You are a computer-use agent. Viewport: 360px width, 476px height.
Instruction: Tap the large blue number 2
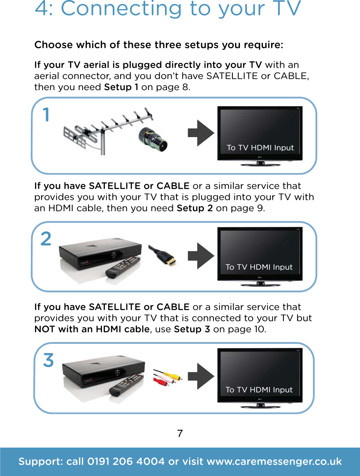point(46,238)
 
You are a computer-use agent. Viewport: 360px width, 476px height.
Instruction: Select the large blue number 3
point(49,360)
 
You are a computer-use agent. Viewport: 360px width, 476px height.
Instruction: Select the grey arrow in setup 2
point(200,254)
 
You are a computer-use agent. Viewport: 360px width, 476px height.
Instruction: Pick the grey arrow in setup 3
point(200,376)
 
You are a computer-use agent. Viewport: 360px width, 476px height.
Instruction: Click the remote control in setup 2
point(123,267)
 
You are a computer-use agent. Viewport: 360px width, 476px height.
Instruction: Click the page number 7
point(180,434)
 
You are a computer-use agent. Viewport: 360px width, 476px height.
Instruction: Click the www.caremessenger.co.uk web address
point(274,462)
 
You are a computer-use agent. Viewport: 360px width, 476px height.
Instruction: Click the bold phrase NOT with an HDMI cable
point(92,329)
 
